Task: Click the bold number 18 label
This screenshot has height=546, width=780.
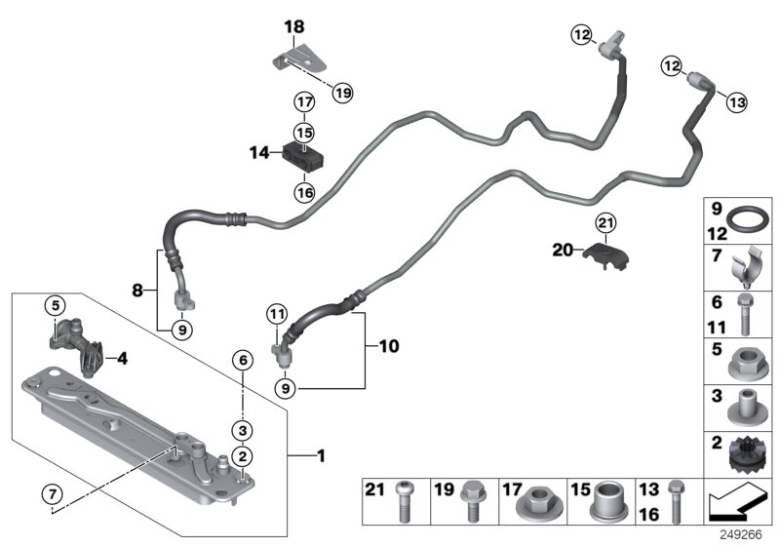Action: pos(294,26)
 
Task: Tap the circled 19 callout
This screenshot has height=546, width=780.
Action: pos(341,93)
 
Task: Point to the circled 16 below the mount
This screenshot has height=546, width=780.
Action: pos(304,192)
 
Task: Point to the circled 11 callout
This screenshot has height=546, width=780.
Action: pos(277,314)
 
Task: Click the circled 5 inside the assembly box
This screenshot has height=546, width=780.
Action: pos(56,306)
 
